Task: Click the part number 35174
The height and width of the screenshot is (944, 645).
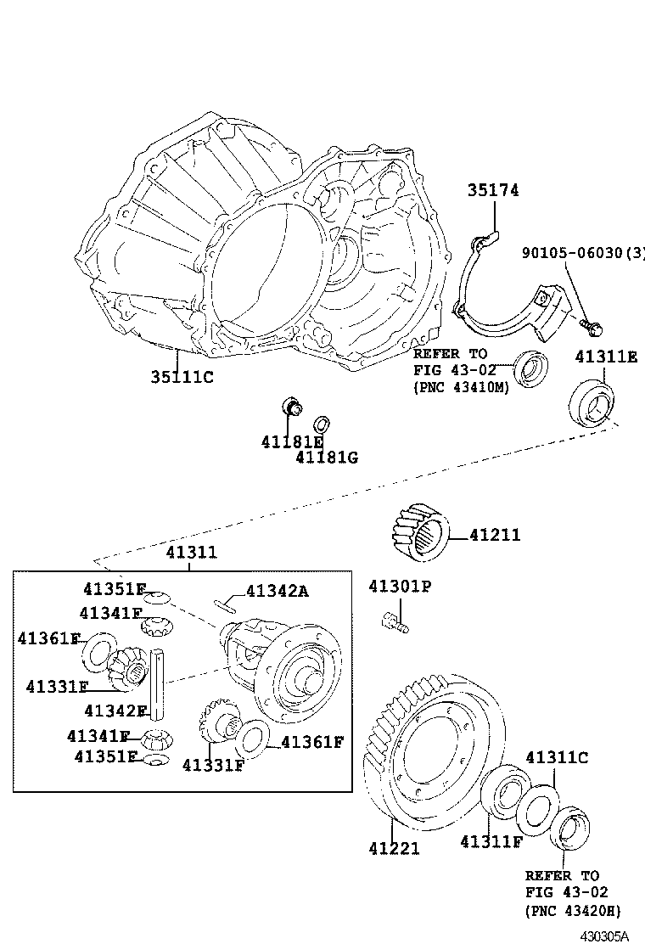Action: (x=492, y=191)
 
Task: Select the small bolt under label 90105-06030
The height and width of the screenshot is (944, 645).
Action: (x=587, y=322)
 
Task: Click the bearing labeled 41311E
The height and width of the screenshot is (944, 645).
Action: (x=592, y=403)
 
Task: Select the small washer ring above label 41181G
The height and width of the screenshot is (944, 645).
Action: (x=322, y=424)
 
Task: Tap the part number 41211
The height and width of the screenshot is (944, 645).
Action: (x=494, y=535)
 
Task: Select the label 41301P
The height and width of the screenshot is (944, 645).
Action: (x=400, y=587)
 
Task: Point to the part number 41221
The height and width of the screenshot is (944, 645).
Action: (x=394, y=847)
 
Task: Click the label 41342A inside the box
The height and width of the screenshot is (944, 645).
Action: (x=277, y=591)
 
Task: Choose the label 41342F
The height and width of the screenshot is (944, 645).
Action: (x=116, y=710)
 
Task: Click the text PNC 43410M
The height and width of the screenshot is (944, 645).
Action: (x=462, y=387)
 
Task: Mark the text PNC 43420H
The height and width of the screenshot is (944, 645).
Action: (x=573, y=911)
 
